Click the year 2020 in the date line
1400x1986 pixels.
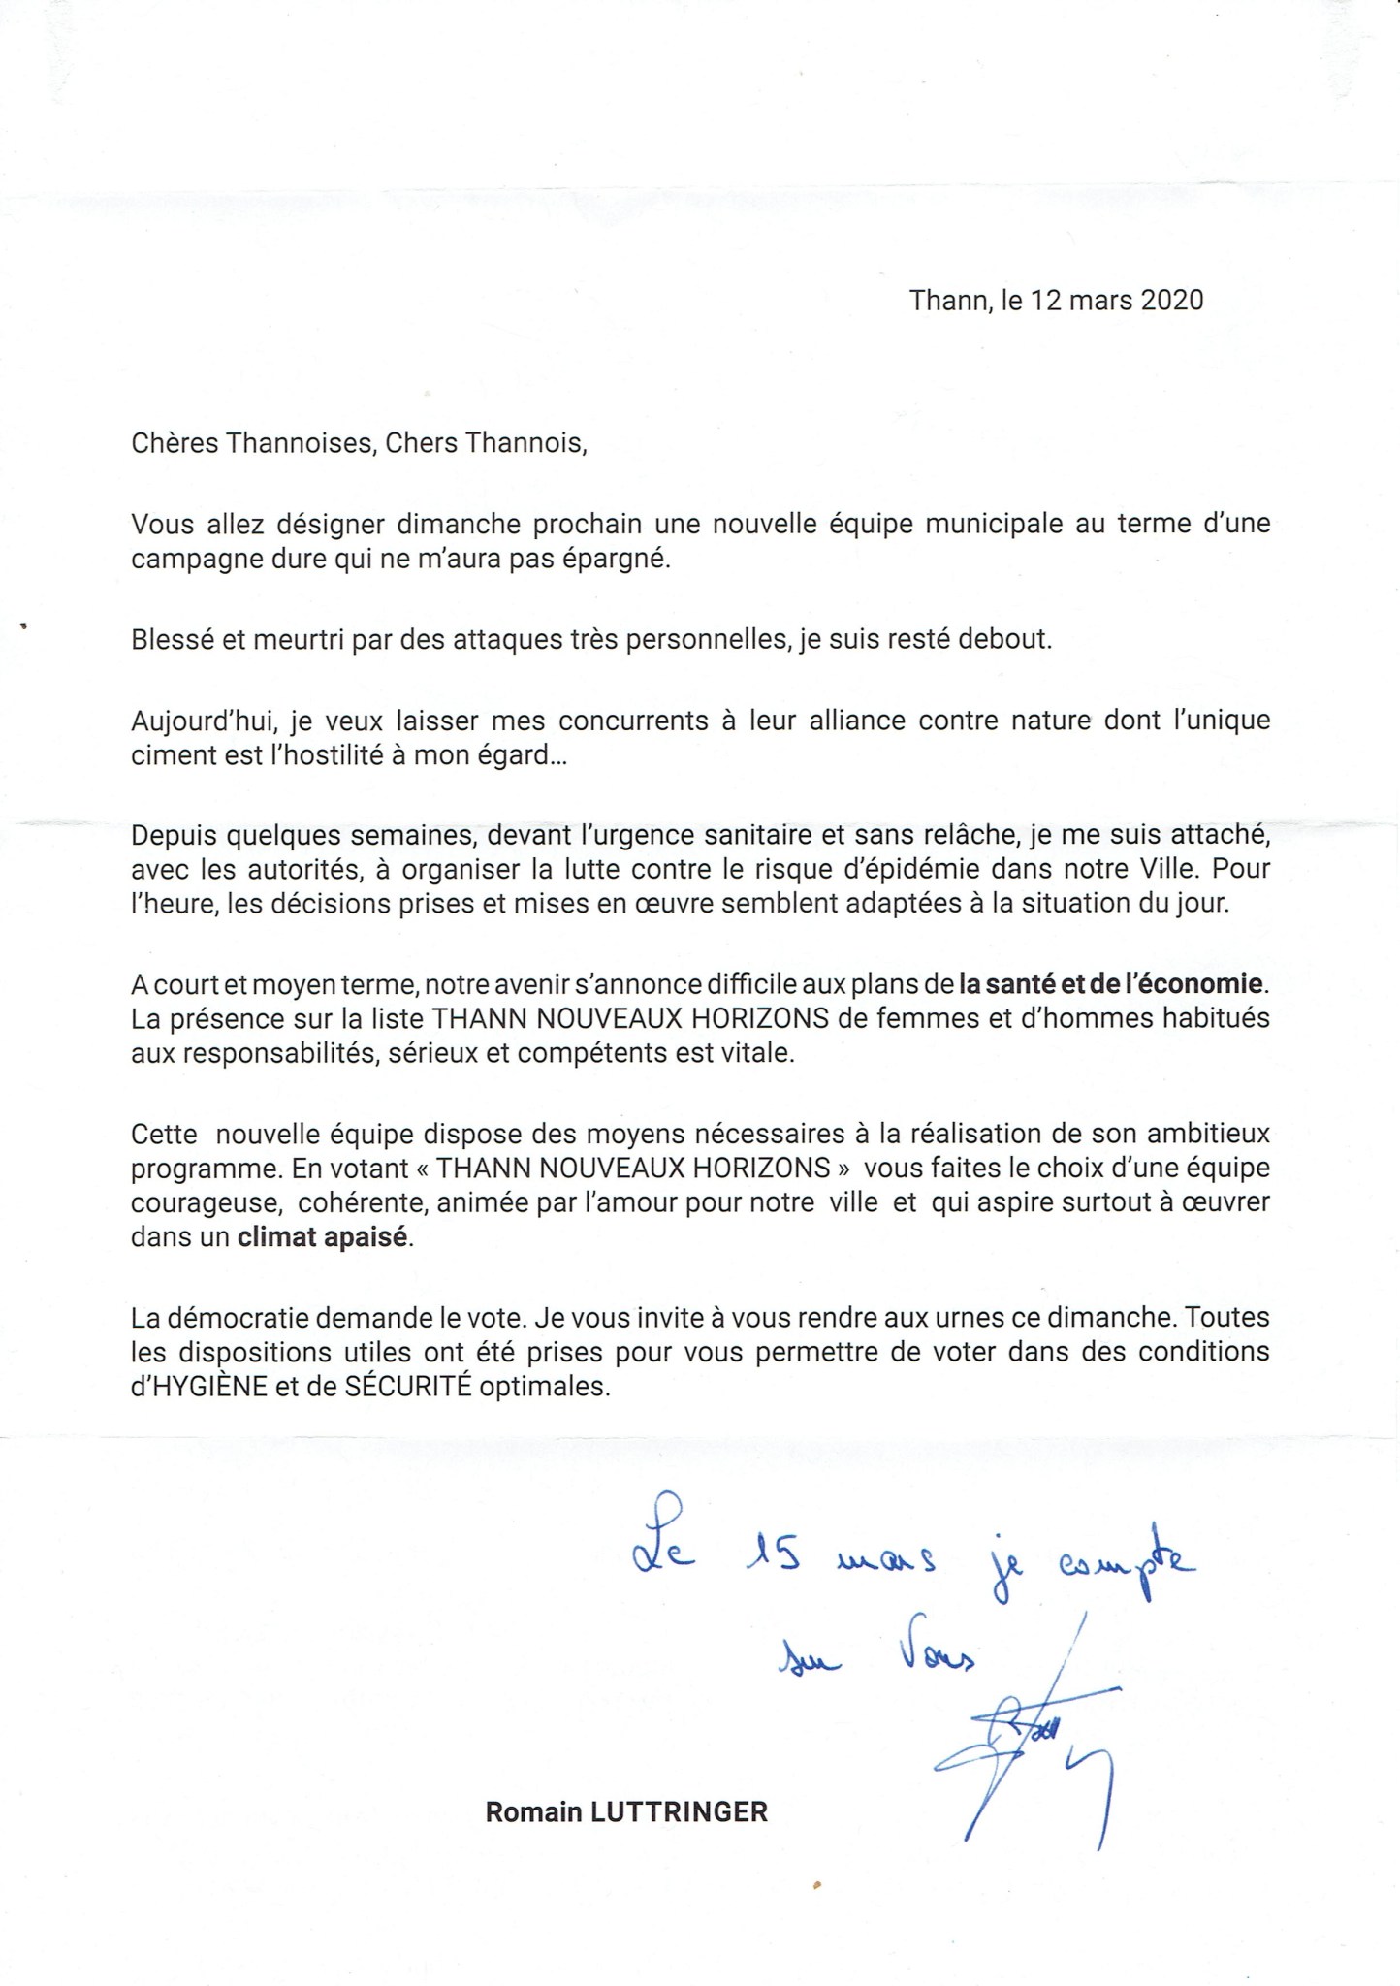click(1172, 300)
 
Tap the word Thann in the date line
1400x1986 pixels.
click(947, 300)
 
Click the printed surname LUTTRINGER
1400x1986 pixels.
click(679, 1811)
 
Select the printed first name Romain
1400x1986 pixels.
click(533, 1811)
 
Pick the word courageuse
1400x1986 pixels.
click(207, 1203)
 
